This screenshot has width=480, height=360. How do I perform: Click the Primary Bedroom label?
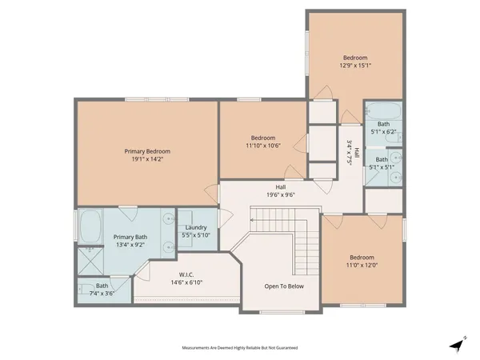149,150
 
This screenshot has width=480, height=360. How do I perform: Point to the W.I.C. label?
187,274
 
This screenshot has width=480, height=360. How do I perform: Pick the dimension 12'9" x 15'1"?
355,66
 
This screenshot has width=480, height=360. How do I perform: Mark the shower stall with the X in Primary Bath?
90,260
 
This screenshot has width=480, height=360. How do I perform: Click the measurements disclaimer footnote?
240,348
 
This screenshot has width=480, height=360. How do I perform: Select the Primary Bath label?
129,237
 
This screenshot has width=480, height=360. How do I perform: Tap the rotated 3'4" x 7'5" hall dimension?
350,151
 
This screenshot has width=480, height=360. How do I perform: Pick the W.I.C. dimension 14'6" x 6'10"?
187,282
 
